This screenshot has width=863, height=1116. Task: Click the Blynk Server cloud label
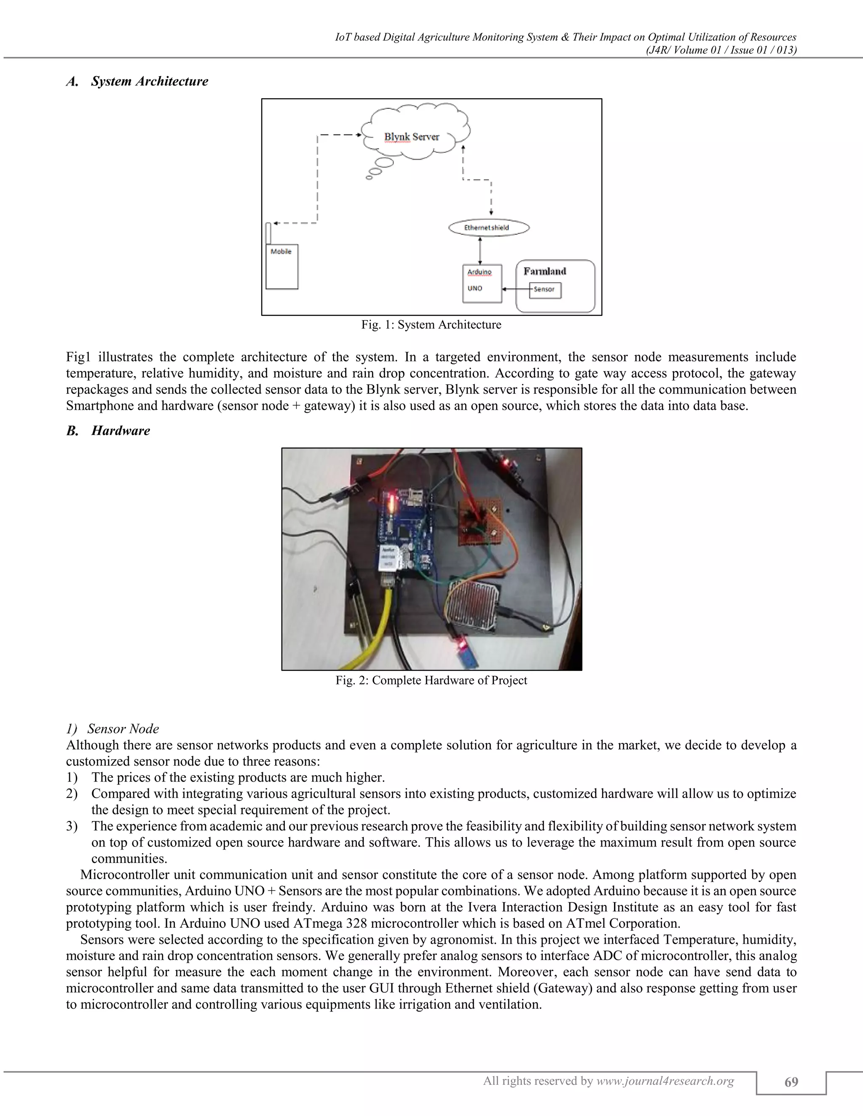[x=412, y=137]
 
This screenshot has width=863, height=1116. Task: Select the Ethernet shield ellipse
[x=488, y=227]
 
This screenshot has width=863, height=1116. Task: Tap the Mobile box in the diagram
[x=282, y=267]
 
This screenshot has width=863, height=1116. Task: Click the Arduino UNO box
[x=482, y=283]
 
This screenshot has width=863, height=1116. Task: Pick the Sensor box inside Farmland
[x=545, y=290]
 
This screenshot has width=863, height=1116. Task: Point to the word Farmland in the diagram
[x=544, y=271]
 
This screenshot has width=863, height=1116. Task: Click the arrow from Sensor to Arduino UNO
[x=515, y=289]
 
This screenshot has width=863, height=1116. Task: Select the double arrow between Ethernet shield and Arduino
[x=480, y=251]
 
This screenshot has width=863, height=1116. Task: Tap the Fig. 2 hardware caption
[x=431, y=681]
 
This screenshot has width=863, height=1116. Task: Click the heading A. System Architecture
[x=137, y=82]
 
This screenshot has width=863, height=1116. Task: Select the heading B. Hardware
[x=108, y=431]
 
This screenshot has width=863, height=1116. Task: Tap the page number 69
[x=791, y=1081]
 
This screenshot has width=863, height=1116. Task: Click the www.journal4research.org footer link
[x=665, y=1081]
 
